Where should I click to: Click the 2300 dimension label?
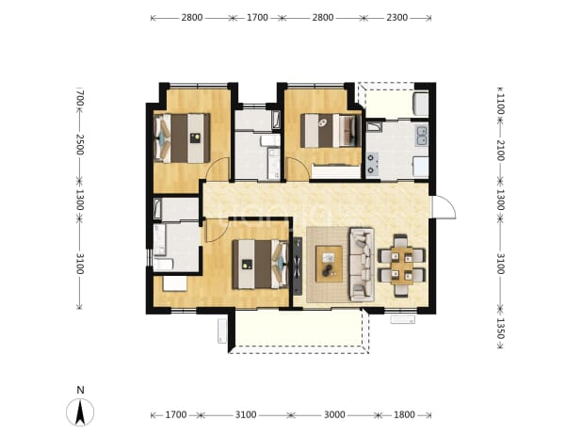[x=396, y=18]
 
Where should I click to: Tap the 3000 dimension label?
[x=334, y=414]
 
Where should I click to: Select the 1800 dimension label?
[x=404, y=414]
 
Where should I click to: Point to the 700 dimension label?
[x=80, y=98]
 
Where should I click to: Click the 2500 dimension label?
[x=80, y=145]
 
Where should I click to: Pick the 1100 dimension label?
[x=500, y=104]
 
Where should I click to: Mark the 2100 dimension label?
[x=500, y=151]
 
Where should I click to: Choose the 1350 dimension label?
[x=500, y=329]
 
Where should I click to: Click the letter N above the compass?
[x=80, y=390]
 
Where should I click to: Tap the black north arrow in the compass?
[x=80, y=412]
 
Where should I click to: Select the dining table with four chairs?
[x=401, y=266]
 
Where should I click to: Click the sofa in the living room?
[x=362, y=265]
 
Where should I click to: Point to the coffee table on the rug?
[x=329, y=264]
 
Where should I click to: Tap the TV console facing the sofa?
[x=298, y=266]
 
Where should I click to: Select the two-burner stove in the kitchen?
[x=372, y=164]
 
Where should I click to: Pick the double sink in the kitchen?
[x=422, y=136]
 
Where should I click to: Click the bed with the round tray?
[x=331, y=131]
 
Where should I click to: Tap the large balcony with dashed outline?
[x=299, y=331]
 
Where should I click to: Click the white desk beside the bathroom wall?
[x=175, y=283]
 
